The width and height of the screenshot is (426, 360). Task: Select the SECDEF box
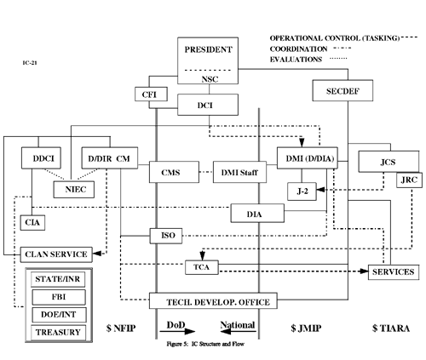[x=332, y=89]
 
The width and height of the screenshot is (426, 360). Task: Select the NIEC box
[x=74, y=190]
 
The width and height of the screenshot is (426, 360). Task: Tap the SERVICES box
[x=393, y=271]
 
